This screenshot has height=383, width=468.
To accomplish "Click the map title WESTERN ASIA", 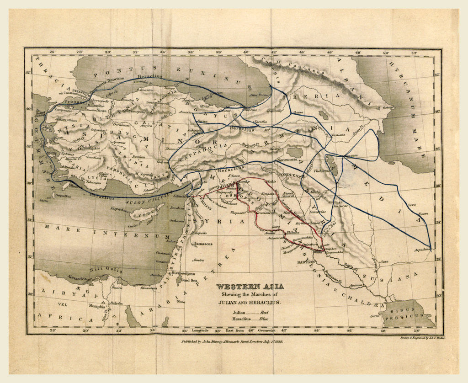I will point(250,287).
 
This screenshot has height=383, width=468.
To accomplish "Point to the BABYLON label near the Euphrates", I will point(303,262).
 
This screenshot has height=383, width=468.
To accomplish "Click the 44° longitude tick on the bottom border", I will point(317,330).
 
